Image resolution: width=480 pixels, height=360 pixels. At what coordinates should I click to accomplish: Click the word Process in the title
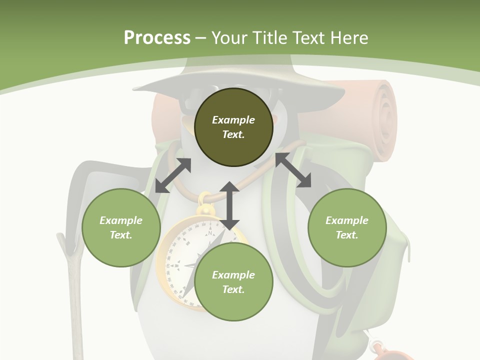[x=157, y=38]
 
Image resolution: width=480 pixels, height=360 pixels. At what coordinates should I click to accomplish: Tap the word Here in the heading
[x=348, y=38]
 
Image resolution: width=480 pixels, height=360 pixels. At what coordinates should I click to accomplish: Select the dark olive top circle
[x=233, y=127]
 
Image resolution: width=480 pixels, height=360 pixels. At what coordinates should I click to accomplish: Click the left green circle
[x=121, y=227]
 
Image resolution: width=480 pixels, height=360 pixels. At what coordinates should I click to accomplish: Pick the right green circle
[x=347, y=227]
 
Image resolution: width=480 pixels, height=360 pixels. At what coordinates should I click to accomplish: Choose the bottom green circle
[x=233, y=282]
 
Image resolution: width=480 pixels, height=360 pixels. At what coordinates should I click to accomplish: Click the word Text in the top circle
[x=233, y=134]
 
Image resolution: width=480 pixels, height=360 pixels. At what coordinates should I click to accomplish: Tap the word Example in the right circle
[x=347, y=220]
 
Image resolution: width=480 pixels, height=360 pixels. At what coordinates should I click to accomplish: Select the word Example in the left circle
[x=121, y=220]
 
